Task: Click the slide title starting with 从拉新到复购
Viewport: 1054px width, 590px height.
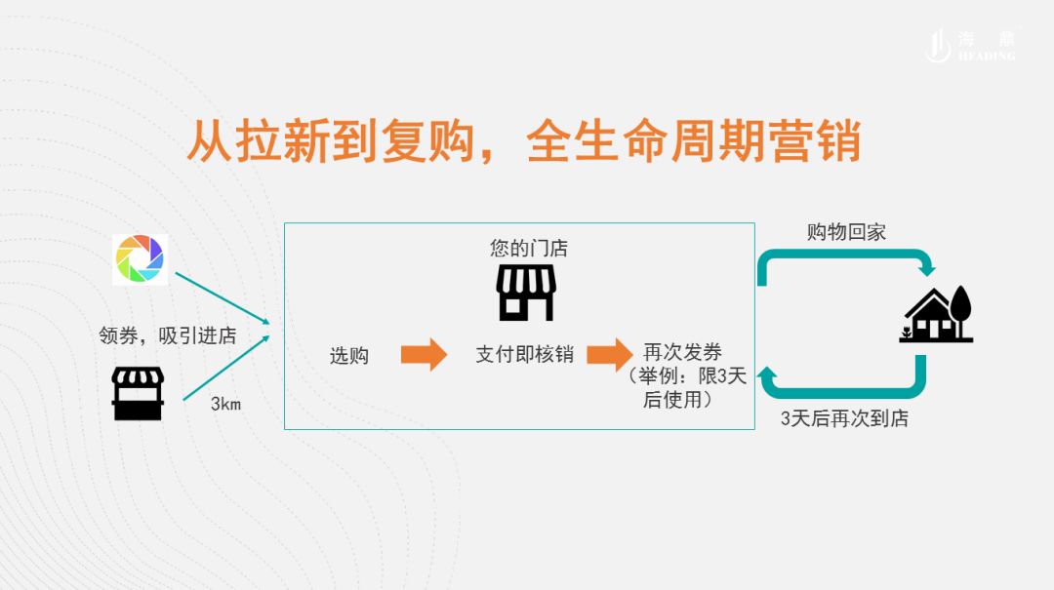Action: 524,142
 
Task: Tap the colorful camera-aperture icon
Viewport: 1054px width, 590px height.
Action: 141,258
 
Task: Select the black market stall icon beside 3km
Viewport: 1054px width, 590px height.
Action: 138,394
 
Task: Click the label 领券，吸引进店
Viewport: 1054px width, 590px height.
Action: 168,335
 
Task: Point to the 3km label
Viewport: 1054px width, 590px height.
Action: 225,404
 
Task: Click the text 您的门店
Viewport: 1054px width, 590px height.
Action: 529,249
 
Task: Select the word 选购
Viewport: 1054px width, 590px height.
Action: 348,356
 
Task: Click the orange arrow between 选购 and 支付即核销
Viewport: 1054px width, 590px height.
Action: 424,354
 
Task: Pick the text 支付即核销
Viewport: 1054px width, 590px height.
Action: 524,354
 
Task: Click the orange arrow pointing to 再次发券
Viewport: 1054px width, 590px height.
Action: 609,354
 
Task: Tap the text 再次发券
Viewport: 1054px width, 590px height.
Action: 683,352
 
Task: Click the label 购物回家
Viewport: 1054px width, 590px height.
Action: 846,232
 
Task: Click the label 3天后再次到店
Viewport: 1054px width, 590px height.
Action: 845,419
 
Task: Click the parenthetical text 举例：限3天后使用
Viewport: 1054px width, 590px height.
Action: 687,388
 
